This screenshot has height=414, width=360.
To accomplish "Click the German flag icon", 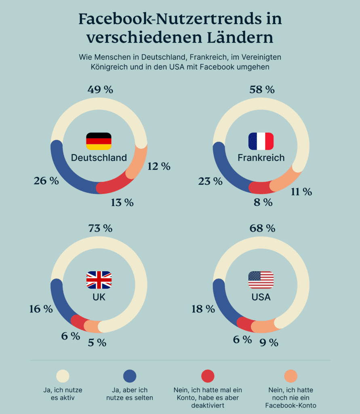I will [x=99, y=141].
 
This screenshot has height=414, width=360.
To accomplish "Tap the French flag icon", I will [x=261, y=141].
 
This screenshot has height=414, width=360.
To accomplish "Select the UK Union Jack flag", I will [x=99, y=280].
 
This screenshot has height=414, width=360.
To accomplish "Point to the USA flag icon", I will [x=261, y=280].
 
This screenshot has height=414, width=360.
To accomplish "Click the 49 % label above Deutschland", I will [x=100, y=89].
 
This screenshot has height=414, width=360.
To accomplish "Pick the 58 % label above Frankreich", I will [x=262, y=89].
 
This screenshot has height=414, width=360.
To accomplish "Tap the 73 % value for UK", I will [x=100, y=228].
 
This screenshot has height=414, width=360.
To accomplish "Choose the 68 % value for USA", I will [x=262, y=228].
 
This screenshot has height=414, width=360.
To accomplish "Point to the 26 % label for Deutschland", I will [x=46, y=181].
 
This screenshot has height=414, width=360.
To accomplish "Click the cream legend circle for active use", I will [x=63, y=376].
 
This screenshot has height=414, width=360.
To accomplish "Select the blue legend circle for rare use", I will [x=130, y=376].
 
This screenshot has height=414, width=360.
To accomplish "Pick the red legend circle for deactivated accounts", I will [x=207, y=376].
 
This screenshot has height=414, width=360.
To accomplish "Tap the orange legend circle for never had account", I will [x=291, y=376].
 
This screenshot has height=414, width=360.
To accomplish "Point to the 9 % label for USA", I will [x=269, y=342].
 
